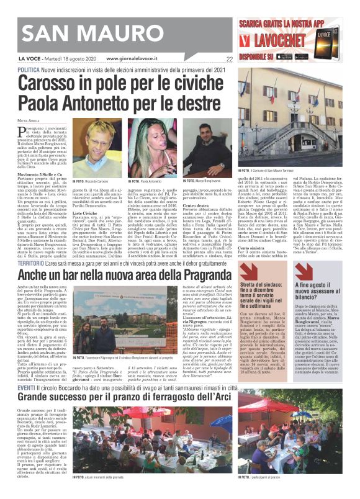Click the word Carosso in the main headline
(x=63, y=83)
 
